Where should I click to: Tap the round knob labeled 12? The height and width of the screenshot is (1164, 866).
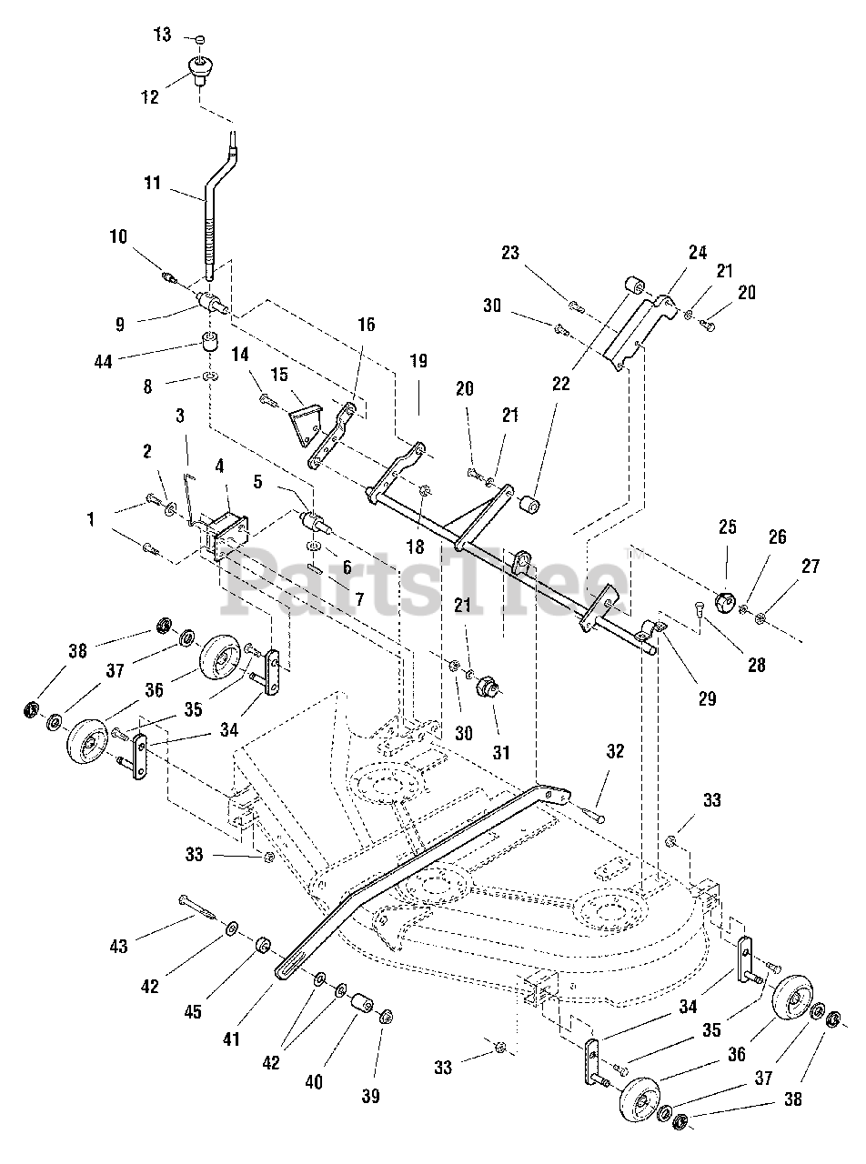tap(198, 67)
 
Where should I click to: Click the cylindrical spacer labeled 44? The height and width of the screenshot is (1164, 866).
tap(211, 346)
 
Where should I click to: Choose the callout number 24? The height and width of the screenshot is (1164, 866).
tap(697, 254)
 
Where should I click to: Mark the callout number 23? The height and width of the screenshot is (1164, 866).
tap(510, 253)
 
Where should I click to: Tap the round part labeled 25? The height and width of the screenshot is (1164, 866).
tap(724, 601)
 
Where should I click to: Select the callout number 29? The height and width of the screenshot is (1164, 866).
tap(708, 698)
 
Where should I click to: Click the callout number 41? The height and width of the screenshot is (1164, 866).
tap(232, 1039)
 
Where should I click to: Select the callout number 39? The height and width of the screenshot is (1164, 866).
tap(371, 1095)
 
